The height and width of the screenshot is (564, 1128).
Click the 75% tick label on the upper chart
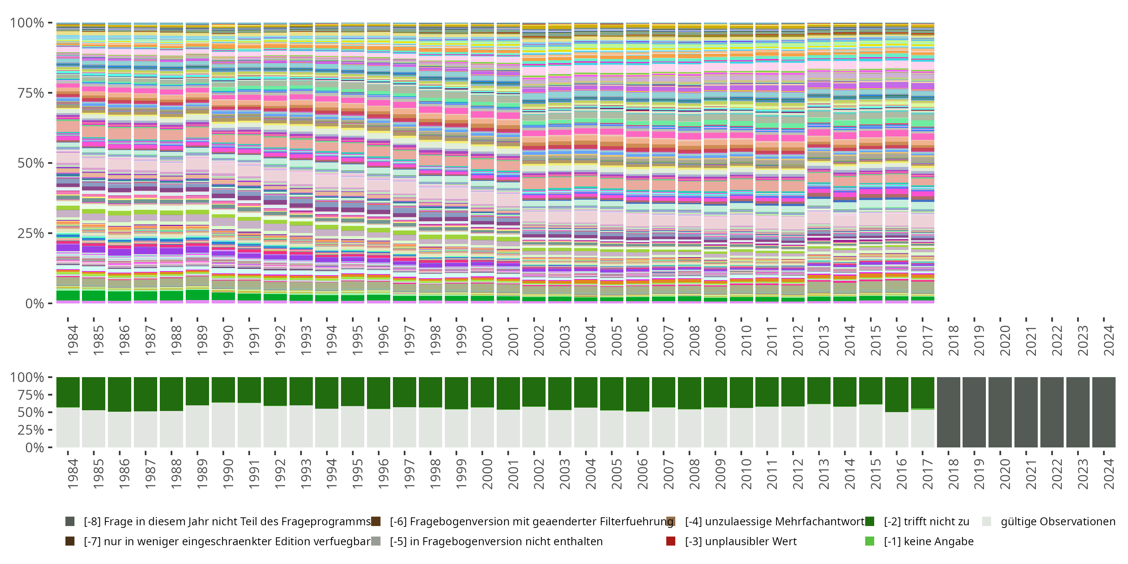pyautogui.click(x=30, y=93)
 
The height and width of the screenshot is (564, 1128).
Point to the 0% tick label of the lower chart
pyautogui.click(x=34, y=447)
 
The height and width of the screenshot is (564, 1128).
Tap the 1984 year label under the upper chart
pyautogui.click(x=73, y=340)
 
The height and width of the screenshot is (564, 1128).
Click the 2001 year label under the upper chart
pyautogui.click(x=513, y=340)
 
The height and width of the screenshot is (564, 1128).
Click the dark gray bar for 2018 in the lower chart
pyautogui.click(x=949, y=412)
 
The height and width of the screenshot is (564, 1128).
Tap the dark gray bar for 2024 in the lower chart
pyautogui.click(x=1104, y=412)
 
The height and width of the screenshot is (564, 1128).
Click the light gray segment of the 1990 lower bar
pyautogui.click(x=223, y=425)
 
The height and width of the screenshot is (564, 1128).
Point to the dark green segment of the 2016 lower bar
pyautogui.click(x=896, y=394)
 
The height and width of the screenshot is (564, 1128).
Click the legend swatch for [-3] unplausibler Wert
pyautogui.click(x=670, y=541)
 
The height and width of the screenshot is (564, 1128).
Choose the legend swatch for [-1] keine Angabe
pyautogui.click(x=870, y=541)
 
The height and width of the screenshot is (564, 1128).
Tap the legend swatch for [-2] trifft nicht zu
pyautogui.click(x=870, y=522)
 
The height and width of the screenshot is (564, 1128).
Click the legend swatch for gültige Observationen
pyautogui.click(x=987, y=522)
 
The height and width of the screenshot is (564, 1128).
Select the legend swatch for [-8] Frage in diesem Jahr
pyautogui.click(x=70, y=522)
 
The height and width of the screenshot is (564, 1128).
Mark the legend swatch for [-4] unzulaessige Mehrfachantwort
pyautogui.click(x=670, y=522)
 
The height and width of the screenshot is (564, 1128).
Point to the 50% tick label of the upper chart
pyautogui.click(x=30, y=163)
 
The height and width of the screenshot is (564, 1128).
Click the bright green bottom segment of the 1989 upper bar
pyautogui.click(x=197, y=295)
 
